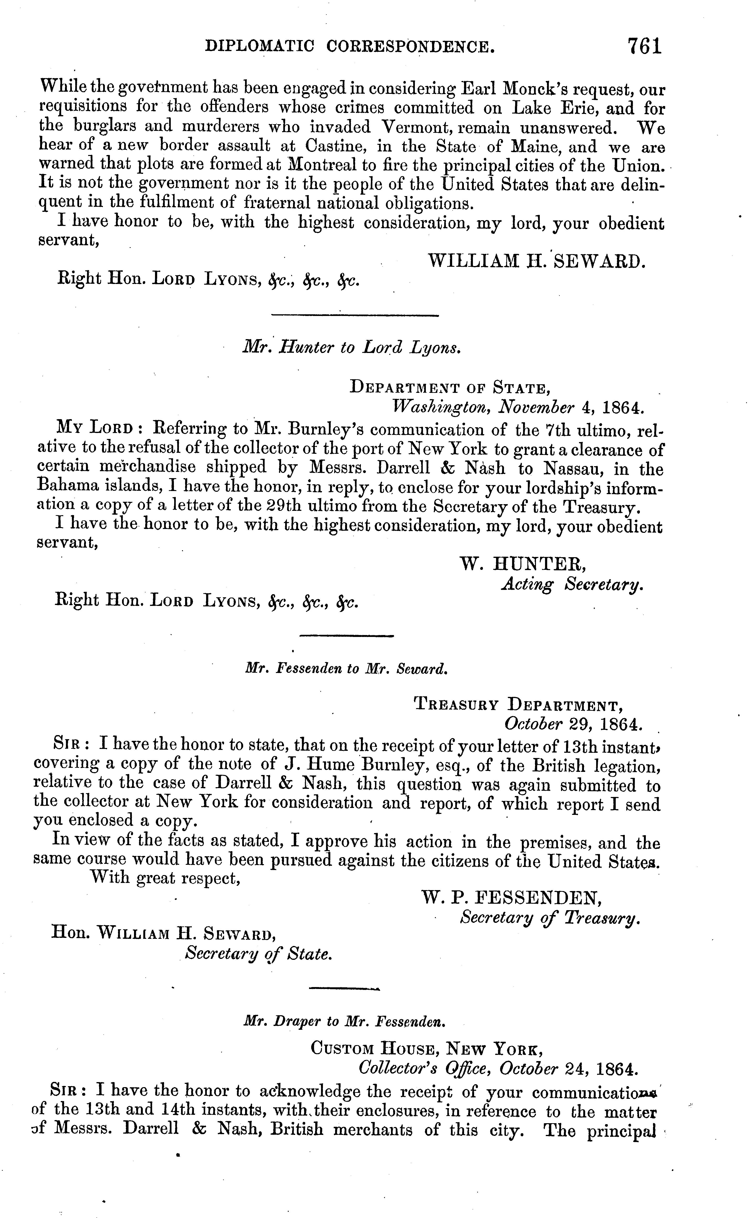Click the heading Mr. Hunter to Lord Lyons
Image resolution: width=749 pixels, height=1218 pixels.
point(352,348)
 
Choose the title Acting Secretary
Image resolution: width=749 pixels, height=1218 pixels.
point(572,585)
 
